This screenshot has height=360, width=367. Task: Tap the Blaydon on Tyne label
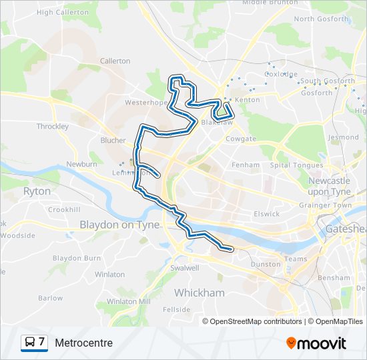click(119, 225)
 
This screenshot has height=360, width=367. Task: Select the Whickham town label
click(199, 293)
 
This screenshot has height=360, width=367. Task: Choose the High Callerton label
click(63, 12)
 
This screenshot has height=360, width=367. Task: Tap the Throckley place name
click(53, 126)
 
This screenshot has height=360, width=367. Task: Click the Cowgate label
click(241, 139)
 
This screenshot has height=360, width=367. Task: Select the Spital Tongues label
click(296, 165)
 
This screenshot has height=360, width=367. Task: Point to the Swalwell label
click(185, 268)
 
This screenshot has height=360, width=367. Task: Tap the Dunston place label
click(265, 264)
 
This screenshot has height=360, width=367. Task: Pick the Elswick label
click(266, 214)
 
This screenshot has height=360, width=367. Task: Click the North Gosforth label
click(322, 19)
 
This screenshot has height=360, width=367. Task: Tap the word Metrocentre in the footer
click(84, 343)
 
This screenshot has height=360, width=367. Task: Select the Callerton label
click(115, 61)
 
